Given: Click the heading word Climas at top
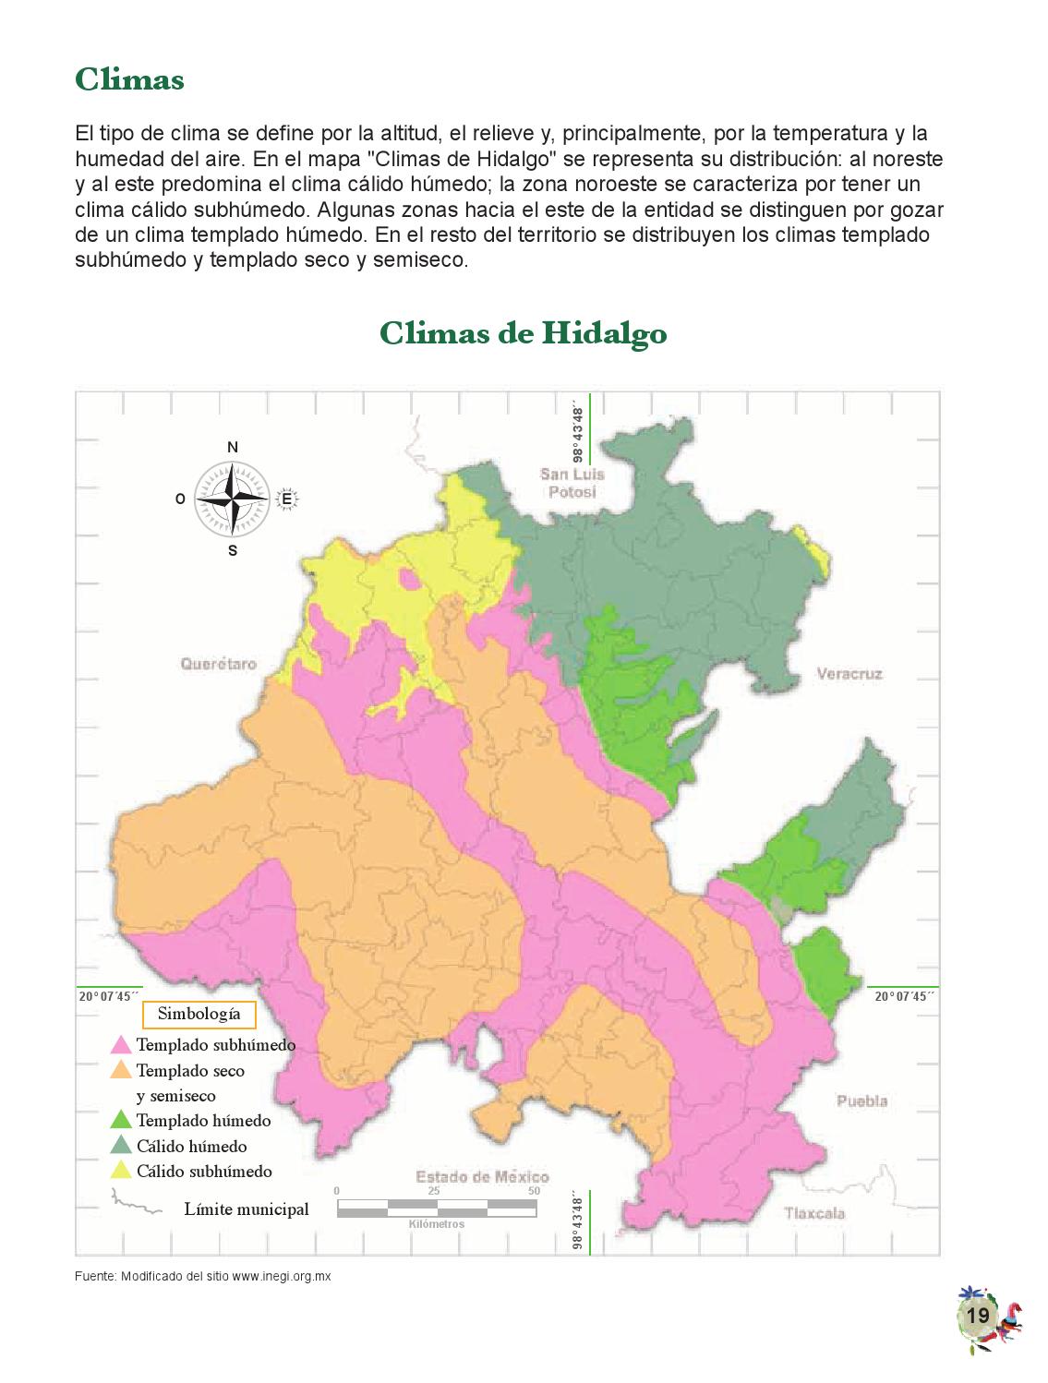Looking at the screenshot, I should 129,79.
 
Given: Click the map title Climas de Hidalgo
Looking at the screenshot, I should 523,333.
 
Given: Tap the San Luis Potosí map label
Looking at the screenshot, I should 572,483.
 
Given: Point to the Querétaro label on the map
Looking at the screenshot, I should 219,663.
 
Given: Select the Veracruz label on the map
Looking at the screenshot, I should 849,674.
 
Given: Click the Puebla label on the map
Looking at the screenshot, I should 861,1100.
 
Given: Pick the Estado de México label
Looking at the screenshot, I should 482,1176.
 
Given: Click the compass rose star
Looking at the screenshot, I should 233,499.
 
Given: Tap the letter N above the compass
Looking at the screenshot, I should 233,448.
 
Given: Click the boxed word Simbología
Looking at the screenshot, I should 199,1014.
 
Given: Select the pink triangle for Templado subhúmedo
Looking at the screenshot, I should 121,1045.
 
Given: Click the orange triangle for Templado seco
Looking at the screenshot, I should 121,1071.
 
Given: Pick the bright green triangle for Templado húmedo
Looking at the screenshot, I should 121,1121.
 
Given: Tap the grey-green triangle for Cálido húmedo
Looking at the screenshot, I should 121,1146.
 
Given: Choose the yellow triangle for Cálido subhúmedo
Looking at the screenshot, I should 121,1171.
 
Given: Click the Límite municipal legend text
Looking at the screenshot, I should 247,1209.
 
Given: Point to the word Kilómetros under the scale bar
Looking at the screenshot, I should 436,1224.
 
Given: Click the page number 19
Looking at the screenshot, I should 978,1316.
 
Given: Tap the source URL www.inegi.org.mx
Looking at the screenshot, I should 281,1277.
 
